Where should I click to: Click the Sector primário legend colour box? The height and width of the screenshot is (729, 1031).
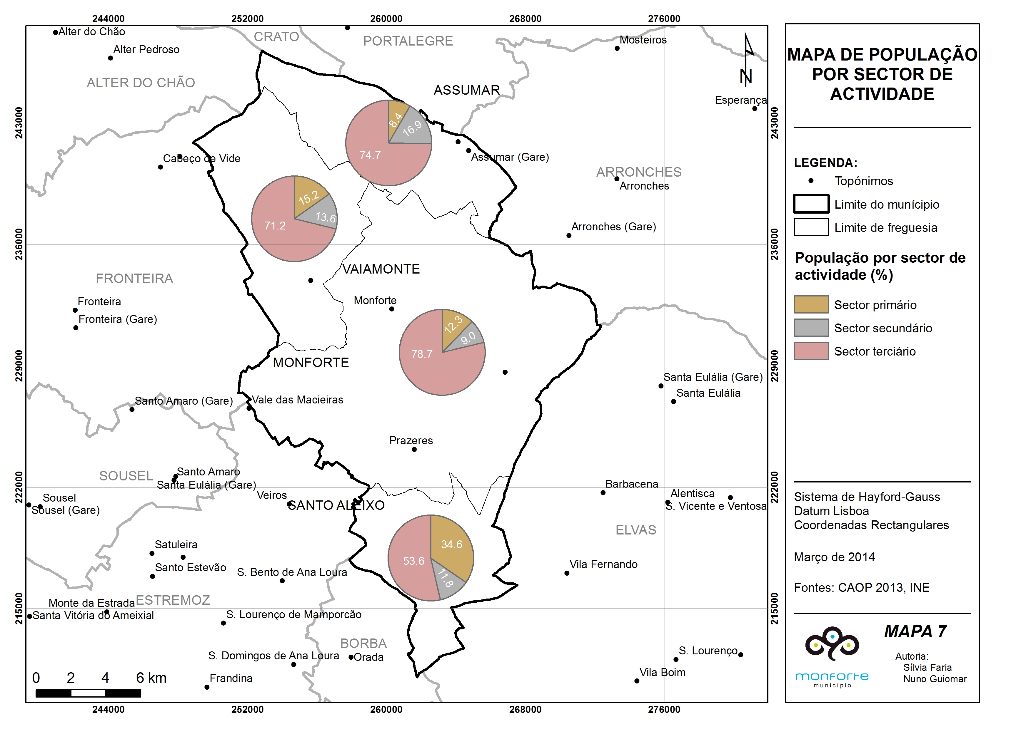[811, 304]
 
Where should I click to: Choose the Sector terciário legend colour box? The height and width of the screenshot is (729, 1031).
[811, 351]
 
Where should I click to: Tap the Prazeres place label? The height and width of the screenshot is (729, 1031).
[411, 440]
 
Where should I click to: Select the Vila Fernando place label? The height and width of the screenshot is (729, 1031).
[603, 564]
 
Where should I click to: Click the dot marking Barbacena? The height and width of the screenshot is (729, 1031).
[603, 492]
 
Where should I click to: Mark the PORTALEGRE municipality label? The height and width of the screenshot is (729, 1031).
[408, 41]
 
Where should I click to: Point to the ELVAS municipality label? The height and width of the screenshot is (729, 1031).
[636, 530]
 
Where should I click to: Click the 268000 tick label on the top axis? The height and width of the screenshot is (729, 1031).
[525, 19]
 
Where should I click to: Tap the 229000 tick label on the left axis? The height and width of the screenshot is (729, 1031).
[19, 366]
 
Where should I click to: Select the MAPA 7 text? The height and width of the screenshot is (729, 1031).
[915, 631]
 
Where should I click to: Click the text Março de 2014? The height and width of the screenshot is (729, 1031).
[834, 557]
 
